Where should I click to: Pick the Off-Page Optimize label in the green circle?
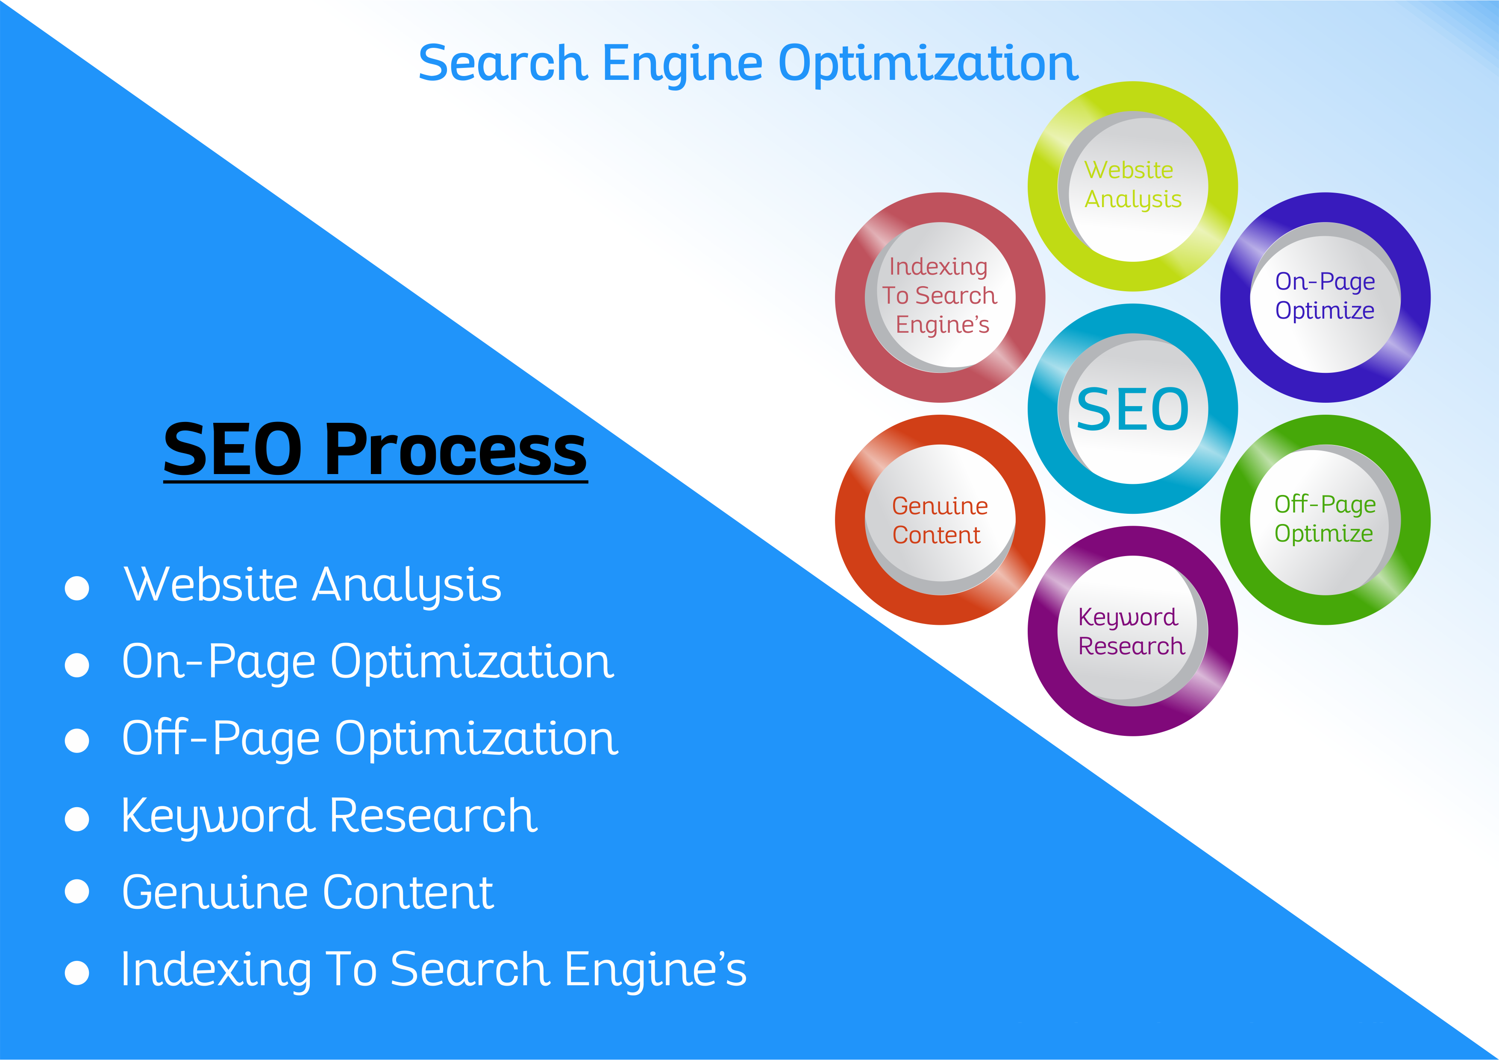point(1326,519)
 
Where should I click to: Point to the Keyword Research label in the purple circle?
point(1132,632)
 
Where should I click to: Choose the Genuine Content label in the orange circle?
point(940,520)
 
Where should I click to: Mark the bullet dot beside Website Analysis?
point(77,587)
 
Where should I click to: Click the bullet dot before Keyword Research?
point(77,819)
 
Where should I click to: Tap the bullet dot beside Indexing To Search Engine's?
point(77,972)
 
